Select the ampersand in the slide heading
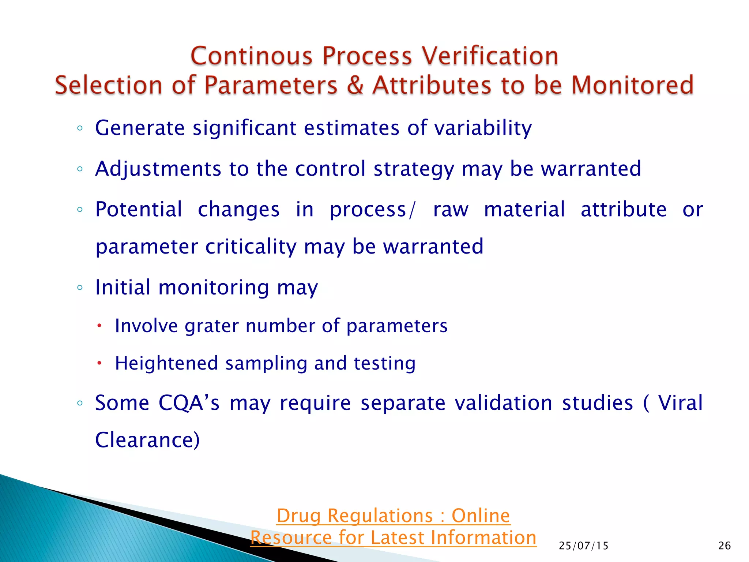[x=355, y=85]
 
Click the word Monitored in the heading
[x=632, y=85]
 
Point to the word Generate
[x=140, y=128]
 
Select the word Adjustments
[x=158, y=169]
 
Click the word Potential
[x=138, y=210]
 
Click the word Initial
[x=123, y=287]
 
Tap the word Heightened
[x=166, y=364]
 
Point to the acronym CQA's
[x=189, y=403]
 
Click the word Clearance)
[x=147, y=440]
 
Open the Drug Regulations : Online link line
[x=393, y=516]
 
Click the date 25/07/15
[x=583, y=546]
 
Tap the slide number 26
[x=724, y=546]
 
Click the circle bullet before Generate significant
[x=80, y=128]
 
